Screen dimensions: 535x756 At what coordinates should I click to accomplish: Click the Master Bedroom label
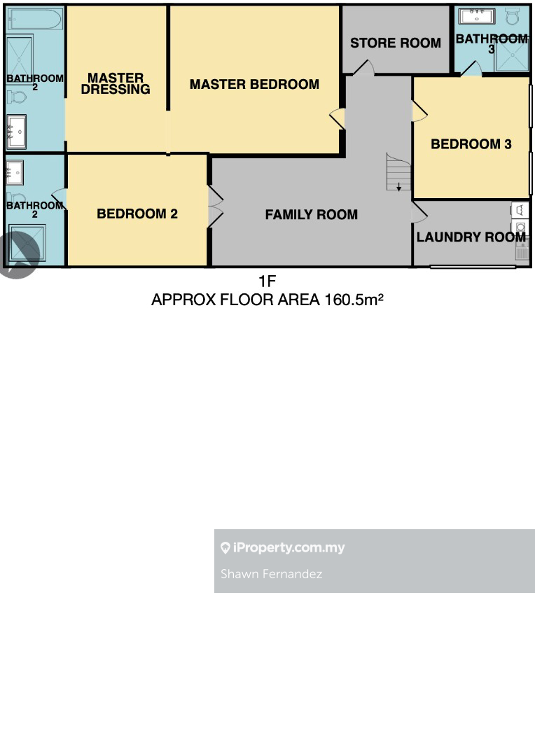(254, 85)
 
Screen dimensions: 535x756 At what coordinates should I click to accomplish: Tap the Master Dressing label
(116, 83)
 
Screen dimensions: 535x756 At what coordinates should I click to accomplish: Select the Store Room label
(396, 43)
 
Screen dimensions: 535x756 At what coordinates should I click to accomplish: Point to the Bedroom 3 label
(471, 144)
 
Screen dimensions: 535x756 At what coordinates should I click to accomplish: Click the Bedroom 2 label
(137, 213)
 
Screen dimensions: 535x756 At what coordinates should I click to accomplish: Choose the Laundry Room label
(471, 237)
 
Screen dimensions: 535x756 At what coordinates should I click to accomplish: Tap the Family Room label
(311, 215)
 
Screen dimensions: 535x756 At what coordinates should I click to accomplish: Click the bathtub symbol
(34, 20)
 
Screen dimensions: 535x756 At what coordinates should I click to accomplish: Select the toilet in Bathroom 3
(513, 16)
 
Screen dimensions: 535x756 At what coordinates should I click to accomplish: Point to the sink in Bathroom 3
(477, 15)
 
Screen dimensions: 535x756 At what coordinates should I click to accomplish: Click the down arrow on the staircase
(399, 187)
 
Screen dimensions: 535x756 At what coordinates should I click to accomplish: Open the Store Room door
(363, 68)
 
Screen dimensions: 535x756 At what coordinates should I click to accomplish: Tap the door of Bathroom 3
(471, 69)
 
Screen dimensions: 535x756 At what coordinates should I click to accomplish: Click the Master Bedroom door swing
(338, 118)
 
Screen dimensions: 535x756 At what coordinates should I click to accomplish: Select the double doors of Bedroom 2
(215, 206)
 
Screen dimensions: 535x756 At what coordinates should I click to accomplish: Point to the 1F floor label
(267, 281)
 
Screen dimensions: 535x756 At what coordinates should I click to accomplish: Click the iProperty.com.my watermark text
(289, 547)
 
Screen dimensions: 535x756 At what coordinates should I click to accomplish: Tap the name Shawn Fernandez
(271, 574)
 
